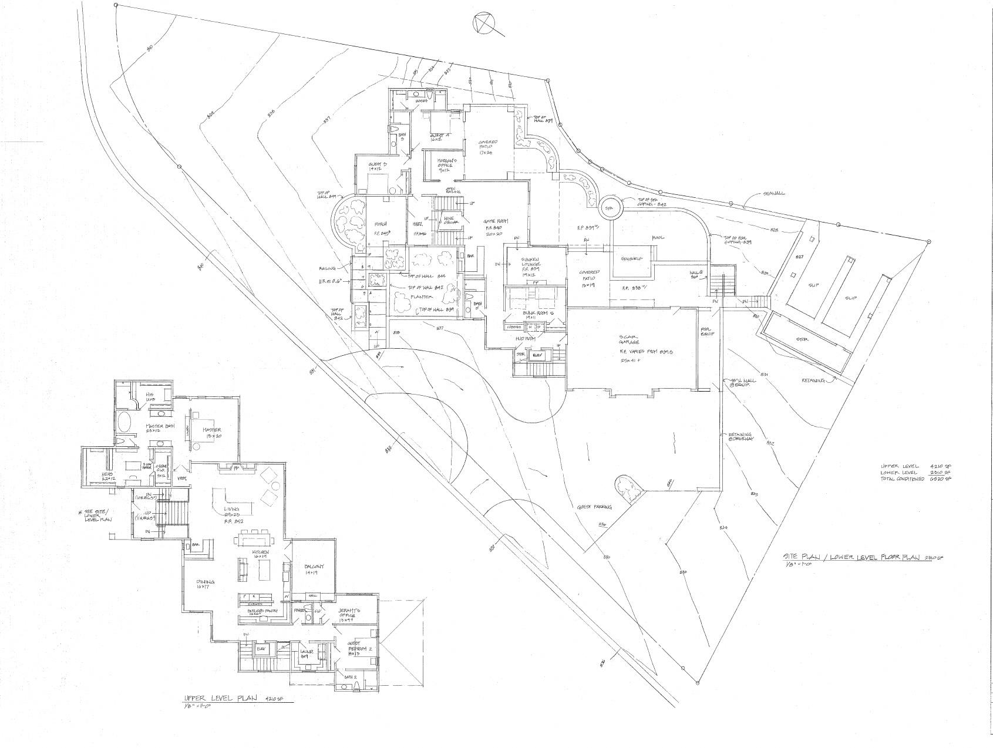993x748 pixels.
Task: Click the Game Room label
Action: coord(494,221)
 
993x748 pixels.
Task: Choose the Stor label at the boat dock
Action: coord(802,339)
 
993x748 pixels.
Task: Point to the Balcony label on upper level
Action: coord(314,567)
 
